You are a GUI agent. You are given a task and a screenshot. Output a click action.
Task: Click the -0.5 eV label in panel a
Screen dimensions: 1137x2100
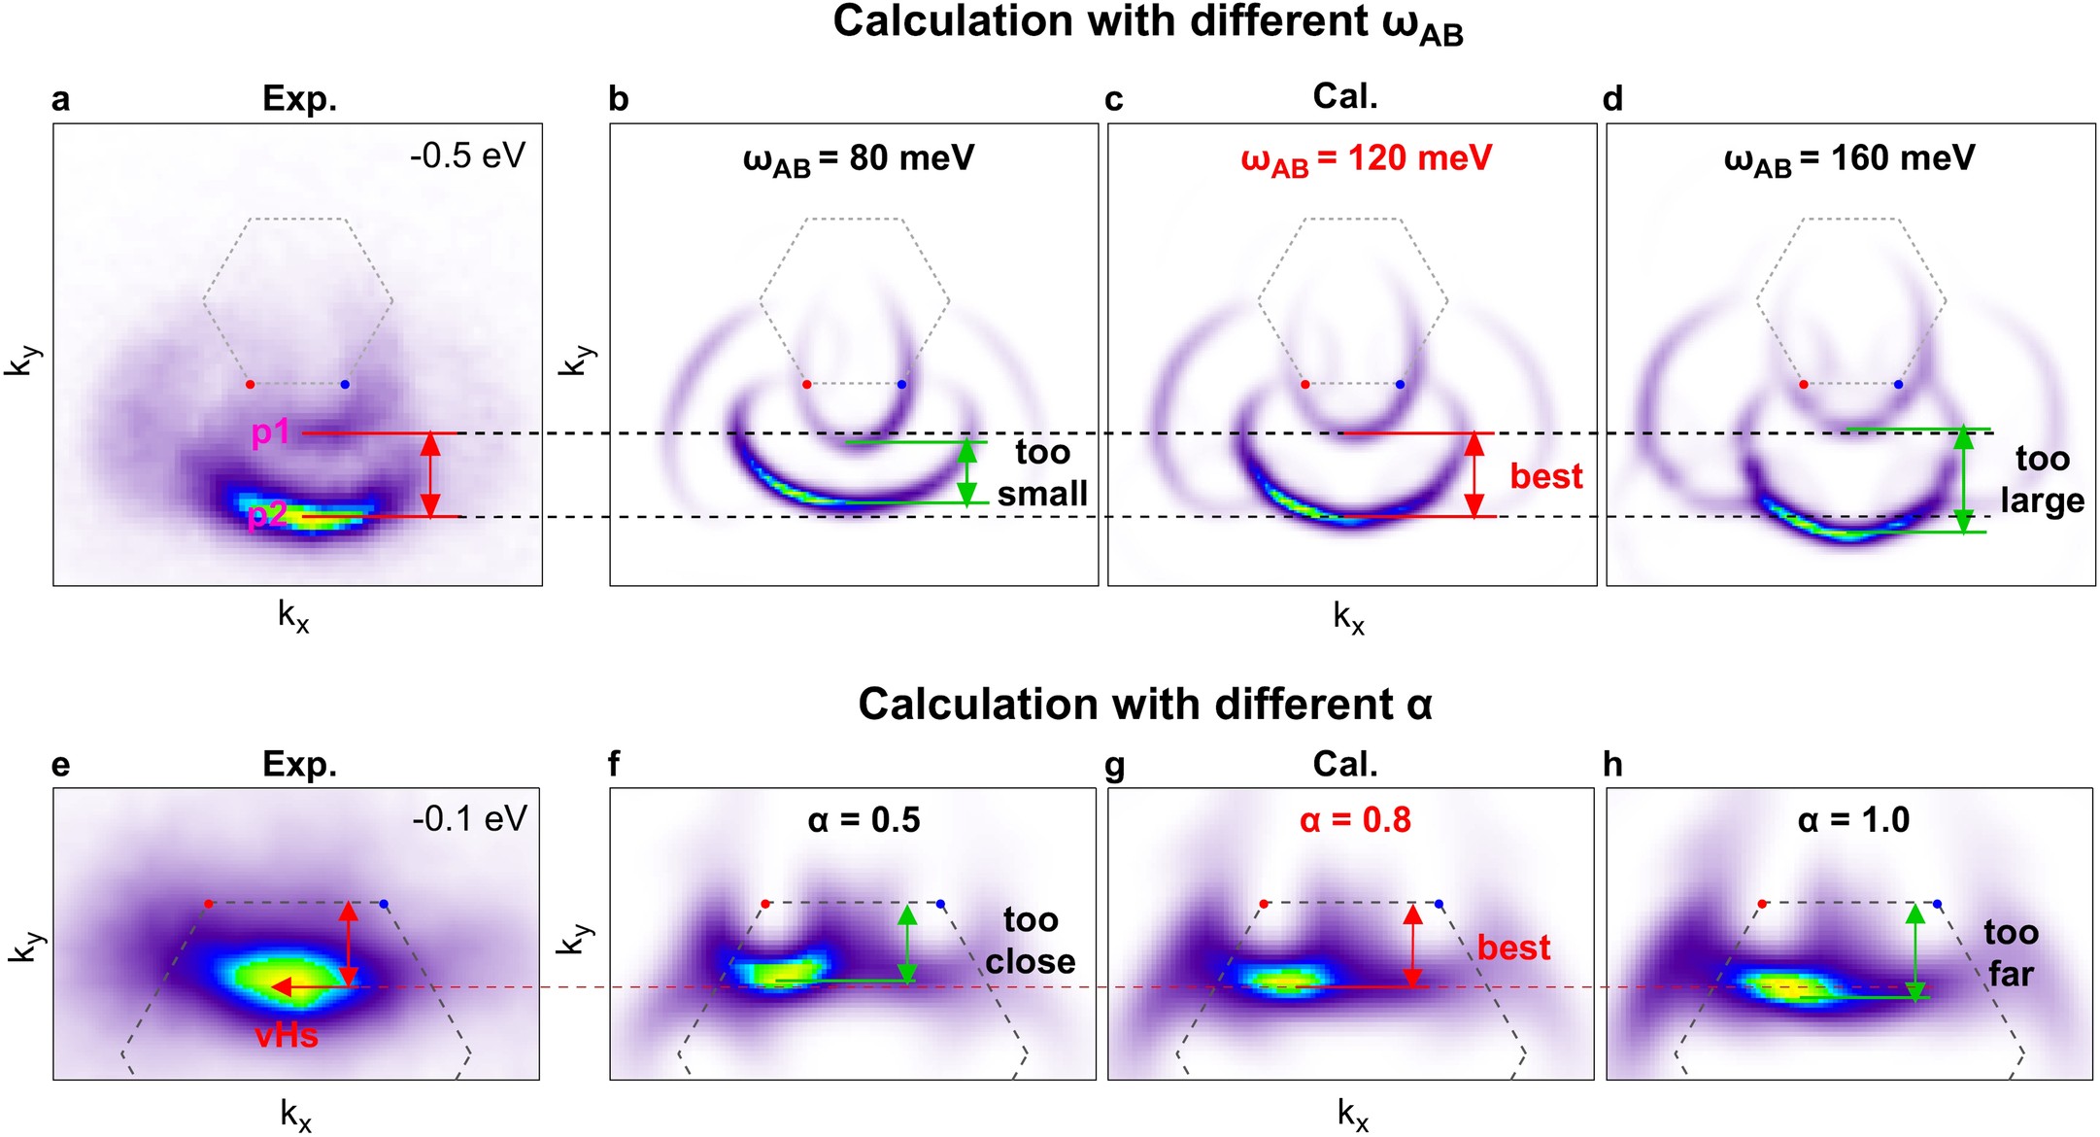tap(467, 155)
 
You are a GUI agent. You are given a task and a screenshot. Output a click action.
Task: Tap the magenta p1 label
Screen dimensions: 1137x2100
tap(270, 431)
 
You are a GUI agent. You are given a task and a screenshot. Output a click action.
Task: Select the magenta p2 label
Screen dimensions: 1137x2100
tap(266, 514)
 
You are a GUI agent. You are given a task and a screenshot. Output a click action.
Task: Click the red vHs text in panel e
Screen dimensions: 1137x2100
tap(287, 1036)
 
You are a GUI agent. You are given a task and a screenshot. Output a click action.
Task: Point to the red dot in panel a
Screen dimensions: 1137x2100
tap(251, 385)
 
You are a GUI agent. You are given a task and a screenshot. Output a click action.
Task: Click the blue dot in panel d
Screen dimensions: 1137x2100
tap(1898, 385)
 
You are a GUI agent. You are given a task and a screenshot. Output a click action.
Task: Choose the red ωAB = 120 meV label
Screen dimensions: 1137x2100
tap(1366, 159)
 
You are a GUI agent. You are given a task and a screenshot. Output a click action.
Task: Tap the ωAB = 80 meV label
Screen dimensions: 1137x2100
tap(859, 159)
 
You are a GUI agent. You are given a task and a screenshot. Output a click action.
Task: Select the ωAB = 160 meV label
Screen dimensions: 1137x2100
tap(1849, 159)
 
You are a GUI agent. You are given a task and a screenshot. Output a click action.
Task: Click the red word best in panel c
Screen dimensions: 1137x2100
tap(1545, 476)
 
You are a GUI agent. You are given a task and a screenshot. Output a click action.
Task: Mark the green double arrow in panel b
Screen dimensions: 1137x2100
tap(966, 472)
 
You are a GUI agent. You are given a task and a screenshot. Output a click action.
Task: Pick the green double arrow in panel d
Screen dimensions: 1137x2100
tap(1963, 480)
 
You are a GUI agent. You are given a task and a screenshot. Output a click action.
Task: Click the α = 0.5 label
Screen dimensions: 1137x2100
tap(864, 820)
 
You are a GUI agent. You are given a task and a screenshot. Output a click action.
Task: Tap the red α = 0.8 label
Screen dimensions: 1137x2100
tap(1355, 820)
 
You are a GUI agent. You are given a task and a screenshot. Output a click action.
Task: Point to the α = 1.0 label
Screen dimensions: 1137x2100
tap(1853, 820)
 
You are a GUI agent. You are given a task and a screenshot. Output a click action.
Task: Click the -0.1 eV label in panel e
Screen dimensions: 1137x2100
tap(469, 819)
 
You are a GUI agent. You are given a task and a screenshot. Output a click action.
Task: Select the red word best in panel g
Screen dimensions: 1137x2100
tap(1513, 947)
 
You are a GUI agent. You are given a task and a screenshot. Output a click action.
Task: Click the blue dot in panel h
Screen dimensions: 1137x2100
tap(1938, 904)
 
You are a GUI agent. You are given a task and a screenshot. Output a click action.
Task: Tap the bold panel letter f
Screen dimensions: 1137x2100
tap(614, 765)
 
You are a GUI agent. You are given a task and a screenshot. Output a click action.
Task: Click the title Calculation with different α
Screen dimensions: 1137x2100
tap(1145, 705)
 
